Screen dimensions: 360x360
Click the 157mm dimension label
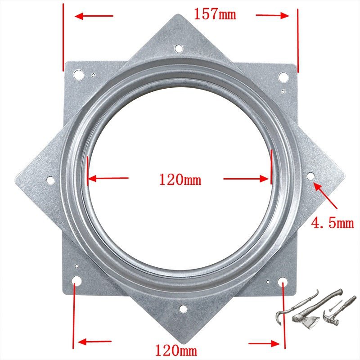215,14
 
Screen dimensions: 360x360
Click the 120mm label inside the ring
180,180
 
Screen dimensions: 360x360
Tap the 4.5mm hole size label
332,223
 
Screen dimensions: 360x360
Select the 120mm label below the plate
176,351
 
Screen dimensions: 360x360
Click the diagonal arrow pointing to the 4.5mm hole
325,196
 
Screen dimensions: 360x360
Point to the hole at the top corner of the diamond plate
179,49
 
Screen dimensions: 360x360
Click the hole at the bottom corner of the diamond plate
183,309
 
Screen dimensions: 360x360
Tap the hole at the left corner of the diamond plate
50,180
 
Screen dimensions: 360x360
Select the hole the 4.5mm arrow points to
310,176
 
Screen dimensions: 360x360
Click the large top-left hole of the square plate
78,75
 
